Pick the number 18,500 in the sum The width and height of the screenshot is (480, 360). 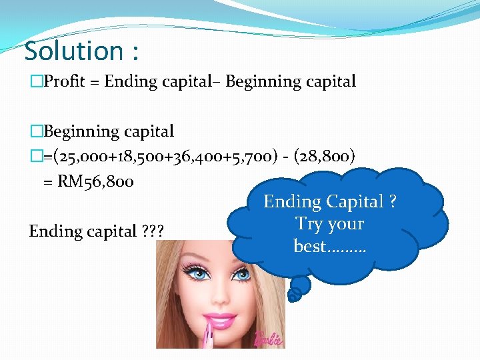[x=125, y=157]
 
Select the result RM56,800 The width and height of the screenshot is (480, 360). [x=95, y=181]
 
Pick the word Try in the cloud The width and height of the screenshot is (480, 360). [x=309, y=223]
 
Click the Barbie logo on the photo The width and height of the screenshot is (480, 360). [x=267, y=338]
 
